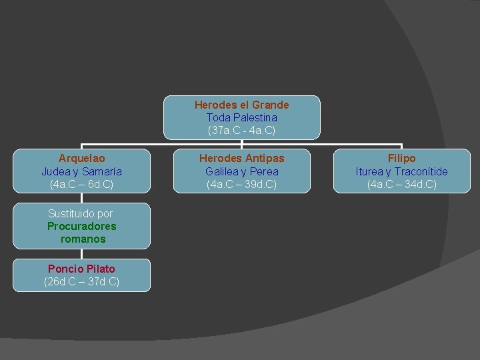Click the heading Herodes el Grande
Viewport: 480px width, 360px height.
[x=241, y=105]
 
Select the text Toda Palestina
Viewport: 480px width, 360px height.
[x=241, y=117]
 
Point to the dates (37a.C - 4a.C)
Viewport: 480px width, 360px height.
[x=241, y=130]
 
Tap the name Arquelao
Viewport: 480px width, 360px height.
[x=81, y=159]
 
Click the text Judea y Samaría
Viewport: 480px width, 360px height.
[x=81, y=171]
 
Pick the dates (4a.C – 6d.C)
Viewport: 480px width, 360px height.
[x=81, y=184]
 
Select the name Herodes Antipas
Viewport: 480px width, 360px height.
[x=241, y=159]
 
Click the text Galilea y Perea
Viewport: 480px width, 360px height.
[x=241, y=171]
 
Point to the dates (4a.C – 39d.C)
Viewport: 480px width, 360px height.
[x=241, y=184]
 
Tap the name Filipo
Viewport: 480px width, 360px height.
[x=401, y=159]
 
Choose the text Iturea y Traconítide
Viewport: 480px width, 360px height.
[x=401, y=171]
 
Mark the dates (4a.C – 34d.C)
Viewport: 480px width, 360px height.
[x=401, y=184]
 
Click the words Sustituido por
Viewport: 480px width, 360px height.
[x=81, y=213]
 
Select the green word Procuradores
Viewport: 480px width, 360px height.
[x=81, y=226]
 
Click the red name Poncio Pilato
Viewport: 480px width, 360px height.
[x=81, y=269]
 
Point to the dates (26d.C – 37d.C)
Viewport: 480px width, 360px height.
[x=81, y=281]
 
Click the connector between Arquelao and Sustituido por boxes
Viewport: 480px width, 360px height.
[x=81, y=198]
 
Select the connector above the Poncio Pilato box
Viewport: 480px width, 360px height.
[x=81, y=254]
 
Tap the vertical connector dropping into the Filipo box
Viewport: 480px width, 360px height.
[x=401, y=146]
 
